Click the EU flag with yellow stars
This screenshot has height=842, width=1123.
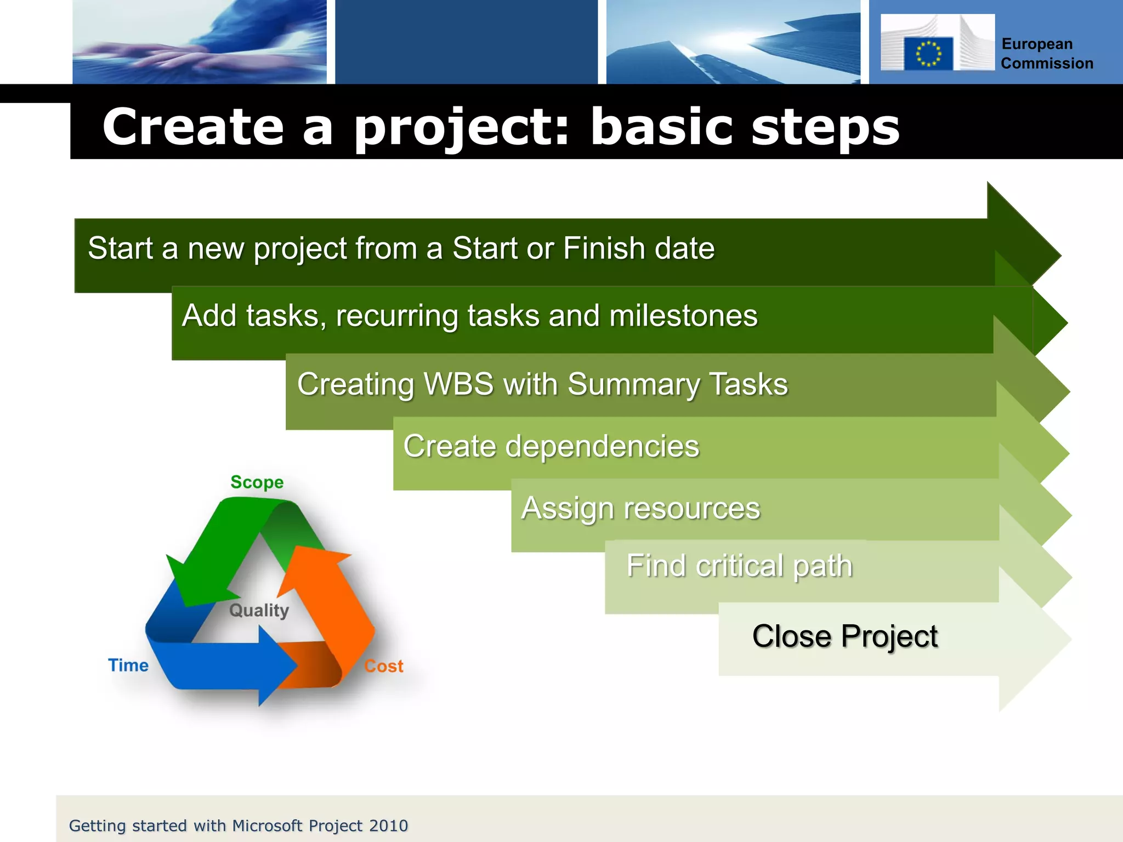tap(928, 54)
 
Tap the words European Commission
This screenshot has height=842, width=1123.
tap(1046, 54)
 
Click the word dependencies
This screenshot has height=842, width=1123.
tap(602, 446)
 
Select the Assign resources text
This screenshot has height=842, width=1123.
tap(640, 508)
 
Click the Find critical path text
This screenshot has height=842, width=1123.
tap(739, 566)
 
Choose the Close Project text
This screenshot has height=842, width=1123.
tap(844, 636)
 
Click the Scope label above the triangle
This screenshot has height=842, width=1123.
tap(257, 482)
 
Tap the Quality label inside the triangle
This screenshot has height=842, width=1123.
tap(259, 610)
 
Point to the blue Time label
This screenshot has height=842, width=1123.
tap(128, 665)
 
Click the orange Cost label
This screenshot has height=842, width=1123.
tap(383, 666)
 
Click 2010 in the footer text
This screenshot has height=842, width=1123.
tap(388, 826)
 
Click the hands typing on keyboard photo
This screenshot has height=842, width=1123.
tap(200, 42)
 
